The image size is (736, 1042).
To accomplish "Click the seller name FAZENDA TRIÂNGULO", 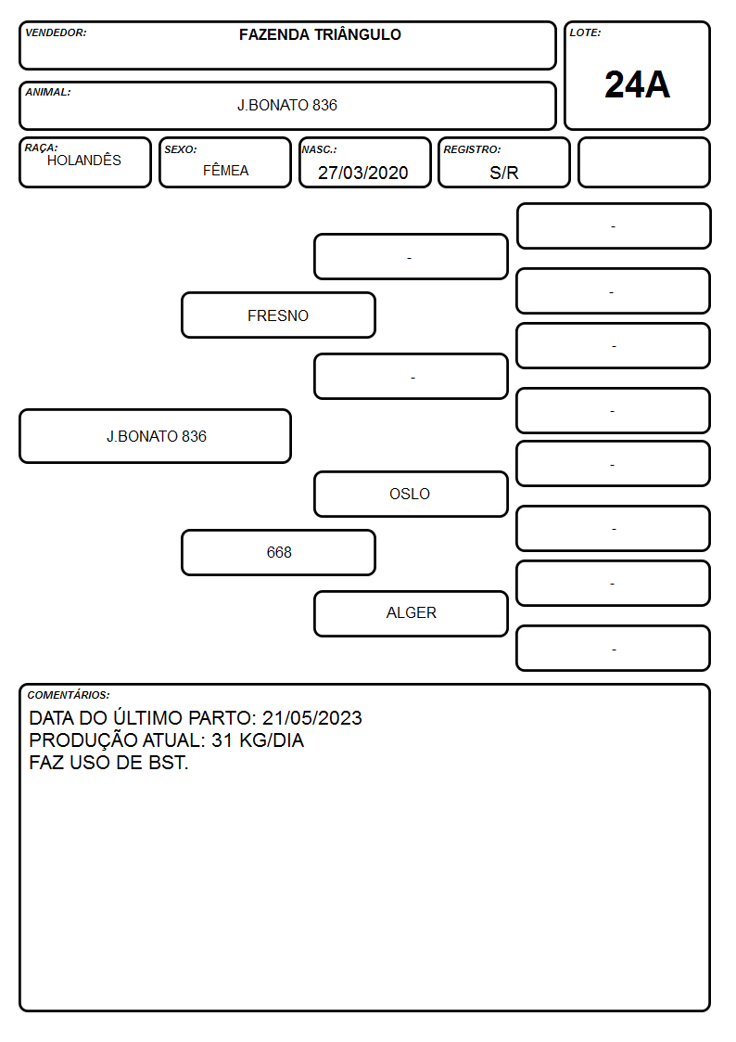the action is (320, 34).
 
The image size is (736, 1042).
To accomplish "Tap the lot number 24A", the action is (637, 85).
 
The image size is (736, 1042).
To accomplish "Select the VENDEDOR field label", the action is (56, 32).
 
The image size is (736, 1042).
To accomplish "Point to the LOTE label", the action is (585, 32).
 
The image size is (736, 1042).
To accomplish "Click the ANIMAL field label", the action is (48, 93).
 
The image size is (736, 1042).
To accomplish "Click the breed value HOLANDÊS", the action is (84, 161).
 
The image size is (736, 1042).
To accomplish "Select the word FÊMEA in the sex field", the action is (225, 171).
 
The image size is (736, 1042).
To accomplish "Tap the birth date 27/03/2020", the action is (363, 173).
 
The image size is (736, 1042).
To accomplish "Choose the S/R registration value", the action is (503, 173).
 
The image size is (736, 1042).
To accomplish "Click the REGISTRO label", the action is (472, 149).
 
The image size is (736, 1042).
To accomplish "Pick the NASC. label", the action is (319, 149).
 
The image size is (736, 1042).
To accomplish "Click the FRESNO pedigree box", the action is (278, 315).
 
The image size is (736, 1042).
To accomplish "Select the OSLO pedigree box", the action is (411, 494).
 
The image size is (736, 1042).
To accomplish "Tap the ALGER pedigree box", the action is (411, 613).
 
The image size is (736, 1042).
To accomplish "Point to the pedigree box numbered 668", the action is (278, 552).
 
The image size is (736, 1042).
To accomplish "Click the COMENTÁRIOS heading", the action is (69, 695).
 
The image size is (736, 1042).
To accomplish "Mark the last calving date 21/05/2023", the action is (312, 718).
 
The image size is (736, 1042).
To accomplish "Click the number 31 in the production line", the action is (222, 740).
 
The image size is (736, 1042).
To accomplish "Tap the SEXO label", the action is (181, 149).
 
